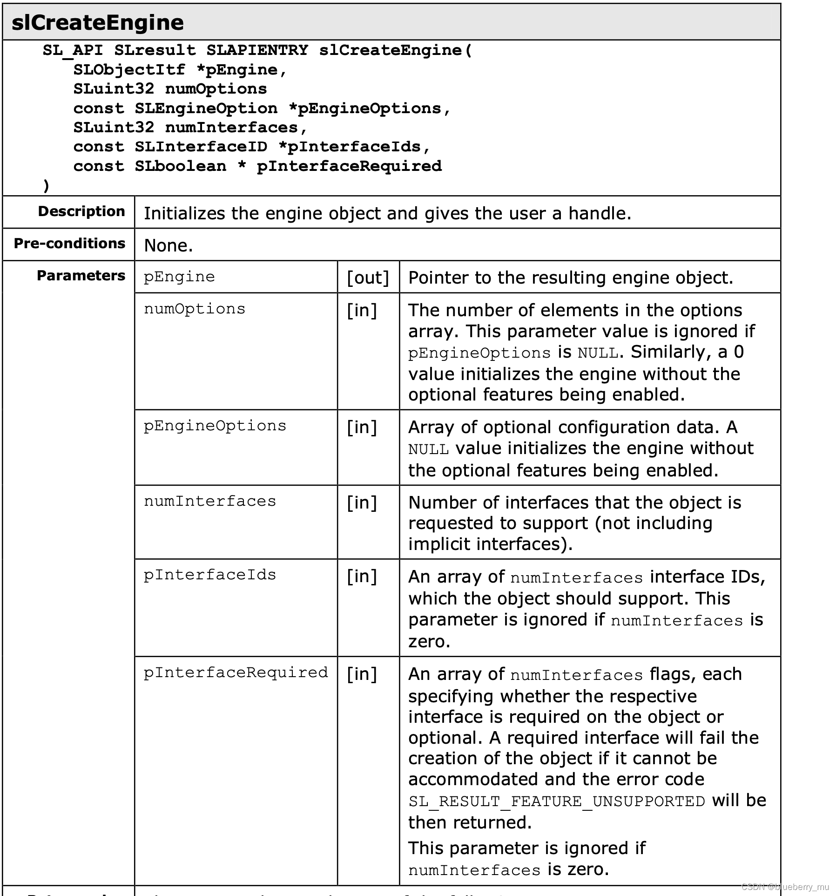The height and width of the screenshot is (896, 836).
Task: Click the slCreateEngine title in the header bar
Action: click(x=97, y=23)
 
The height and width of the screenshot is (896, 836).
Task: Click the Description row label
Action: click(x=81, y=211)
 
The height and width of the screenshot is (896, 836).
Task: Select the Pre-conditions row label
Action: click(x=69, y=244)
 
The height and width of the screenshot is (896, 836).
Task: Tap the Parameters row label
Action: click(x=81, y=276)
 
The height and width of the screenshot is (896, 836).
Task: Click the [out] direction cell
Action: click(x=368, y=278)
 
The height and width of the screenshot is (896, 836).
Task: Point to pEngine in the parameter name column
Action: click(x=179, y=277)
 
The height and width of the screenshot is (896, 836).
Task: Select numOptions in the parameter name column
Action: click(x=194, y=309)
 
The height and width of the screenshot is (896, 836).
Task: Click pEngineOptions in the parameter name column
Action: click(x=215, y=426)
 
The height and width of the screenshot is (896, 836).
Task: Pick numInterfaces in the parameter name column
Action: click(x=209, y=501)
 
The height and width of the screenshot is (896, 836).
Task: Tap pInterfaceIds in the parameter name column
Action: click(x=209, y=575)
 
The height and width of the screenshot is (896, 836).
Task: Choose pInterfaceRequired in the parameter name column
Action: click(x=236, y=672)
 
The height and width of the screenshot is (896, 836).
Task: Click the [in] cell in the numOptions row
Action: click(x=362, y=310)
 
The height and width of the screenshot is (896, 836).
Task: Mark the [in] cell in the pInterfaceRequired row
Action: click(x=362, y=674)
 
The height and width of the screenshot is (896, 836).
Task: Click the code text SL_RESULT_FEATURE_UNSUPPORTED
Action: click(x=557, y=801)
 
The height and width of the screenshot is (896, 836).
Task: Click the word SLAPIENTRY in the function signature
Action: click(x=257, y=50)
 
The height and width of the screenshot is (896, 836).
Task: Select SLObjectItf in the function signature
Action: click(x=129, y=69)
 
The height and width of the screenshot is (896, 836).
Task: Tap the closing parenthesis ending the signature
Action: click(x=46, y=186)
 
